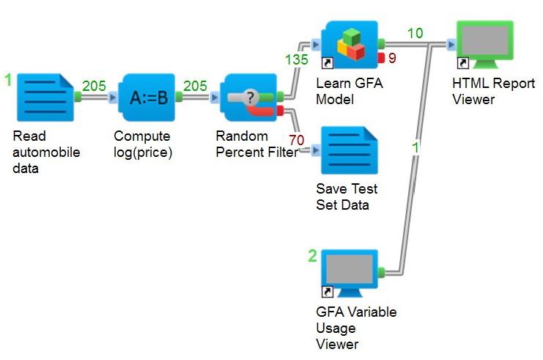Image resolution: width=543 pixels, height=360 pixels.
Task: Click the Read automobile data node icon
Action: (x=45, y=97)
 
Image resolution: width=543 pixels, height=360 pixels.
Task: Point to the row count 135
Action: (x=296, y=59)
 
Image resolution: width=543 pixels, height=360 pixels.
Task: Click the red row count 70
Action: (x=297, y=139)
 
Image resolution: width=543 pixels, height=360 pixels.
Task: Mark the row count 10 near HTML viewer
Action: (x=415, y=34)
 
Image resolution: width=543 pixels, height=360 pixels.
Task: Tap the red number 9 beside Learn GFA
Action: (x=392, y=58)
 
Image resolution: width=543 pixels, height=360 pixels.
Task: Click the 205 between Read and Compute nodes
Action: (x=94, y=86)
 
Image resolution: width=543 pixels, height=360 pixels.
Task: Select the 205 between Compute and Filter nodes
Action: (x=195, y=86)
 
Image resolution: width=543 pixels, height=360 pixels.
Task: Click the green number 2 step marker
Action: (x=312, y=256)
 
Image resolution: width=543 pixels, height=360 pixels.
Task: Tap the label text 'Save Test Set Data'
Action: (x=347, y=196)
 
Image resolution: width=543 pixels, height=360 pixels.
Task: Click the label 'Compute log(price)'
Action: (x=142, y=144)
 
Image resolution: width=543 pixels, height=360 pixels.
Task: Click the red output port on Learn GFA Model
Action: (x=382, y=57)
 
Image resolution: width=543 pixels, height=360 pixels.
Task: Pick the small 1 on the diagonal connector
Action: (x=415, y=147)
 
